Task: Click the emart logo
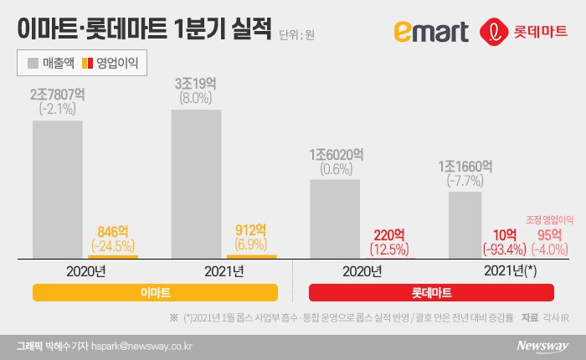431,32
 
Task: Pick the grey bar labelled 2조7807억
57,188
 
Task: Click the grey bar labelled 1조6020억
334,218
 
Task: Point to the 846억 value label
113,231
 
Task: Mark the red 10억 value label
504,234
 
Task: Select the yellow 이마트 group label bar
155,293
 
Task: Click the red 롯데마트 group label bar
431,293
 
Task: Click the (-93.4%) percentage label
504,249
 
